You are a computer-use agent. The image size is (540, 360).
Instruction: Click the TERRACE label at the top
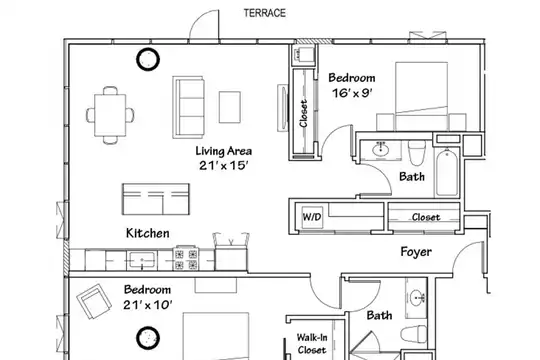[x=264, y=13]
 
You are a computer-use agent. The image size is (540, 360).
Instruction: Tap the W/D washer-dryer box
[x=312, y=217]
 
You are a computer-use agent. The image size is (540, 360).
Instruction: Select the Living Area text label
[x=224, y=151]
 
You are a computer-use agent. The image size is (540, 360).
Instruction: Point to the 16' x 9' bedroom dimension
[x=352, y=93]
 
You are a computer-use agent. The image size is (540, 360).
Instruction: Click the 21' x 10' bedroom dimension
[x=148, y=305]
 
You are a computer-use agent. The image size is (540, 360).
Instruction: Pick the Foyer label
[x=416, y=252]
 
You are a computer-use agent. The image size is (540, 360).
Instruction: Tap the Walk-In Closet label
[x=312, y=344]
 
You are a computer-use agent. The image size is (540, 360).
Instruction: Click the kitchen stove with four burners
[x=186, y=259]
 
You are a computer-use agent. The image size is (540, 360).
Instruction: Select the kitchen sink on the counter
[x=142, y=261]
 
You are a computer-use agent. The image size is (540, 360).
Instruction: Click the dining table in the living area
[x=110, y=115]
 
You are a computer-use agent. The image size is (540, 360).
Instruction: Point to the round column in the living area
[x=148, y=59]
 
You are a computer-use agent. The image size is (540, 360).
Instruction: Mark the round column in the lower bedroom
[x=148, y=338]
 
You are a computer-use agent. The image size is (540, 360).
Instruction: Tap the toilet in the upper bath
[x=417, y=152]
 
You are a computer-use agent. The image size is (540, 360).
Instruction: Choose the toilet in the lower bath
[x=413, y=333]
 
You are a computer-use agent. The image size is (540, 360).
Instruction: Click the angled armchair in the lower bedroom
[x=94, y=301]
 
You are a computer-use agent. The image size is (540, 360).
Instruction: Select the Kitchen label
[x=148, y=233]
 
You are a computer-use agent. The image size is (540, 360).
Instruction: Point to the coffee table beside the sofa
[x=230, y=107]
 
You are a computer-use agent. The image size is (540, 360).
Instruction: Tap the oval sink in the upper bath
[x=381, y=150]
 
